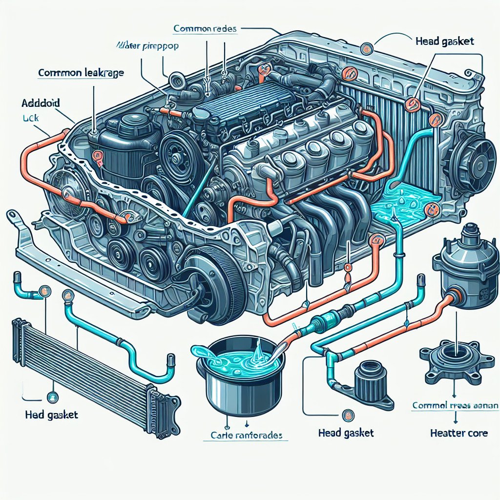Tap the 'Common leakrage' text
(x=81, y=74)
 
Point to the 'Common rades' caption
(x=205, y=29)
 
